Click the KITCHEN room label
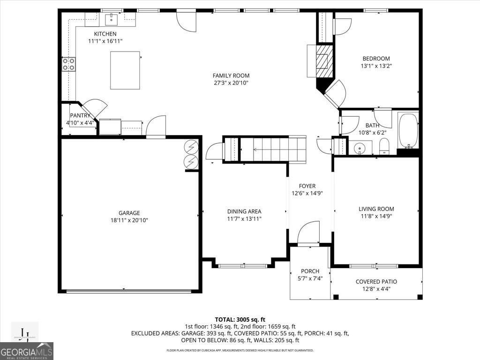(x=105, y=34)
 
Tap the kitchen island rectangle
(x=125, y=70)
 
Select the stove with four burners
(x=69, y=64)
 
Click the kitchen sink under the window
(x=112, y=19)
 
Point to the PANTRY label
(x=80, y=115)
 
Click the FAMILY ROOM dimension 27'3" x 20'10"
(x=231, y=83)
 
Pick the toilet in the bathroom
(x=384, y=146)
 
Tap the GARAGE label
(x=129, y=213)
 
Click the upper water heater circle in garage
(x=191, y=147)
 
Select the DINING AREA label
(x=244, y=211)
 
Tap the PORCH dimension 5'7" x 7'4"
(x=310, y=278)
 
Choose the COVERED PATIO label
(x=376, y=282)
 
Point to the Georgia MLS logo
(x=27, y=351)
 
